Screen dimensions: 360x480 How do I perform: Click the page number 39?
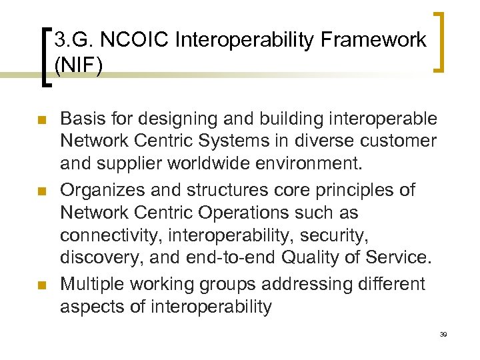tap(443, 334)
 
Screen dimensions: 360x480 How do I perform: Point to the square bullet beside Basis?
tap(41, 121)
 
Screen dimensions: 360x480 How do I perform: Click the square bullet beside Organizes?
tap(41, 191)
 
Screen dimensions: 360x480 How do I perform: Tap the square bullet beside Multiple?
tap(41, 285)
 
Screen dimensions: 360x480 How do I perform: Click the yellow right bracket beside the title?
tap(441, 41)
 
